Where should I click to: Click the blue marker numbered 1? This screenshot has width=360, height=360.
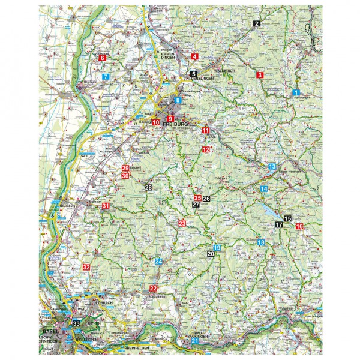[x=296, y=92]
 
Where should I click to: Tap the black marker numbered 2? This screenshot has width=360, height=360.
[x=256, y=23]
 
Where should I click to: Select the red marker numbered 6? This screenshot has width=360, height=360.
[x=102, y=58]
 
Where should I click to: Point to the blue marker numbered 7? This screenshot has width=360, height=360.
[x=106, y=77]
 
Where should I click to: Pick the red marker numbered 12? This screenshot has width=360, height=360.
[x=206, y=149]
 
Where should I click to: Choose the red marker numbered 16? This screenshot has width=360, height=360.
[x=299, y=226]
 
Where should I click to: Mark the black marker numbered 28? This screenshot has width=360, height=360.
[x=148, y=188]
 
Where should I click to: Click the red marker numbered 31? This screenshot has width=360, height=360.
[x=106, y=206]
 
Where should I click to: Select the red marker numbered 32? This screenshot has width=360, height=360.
[x=86, y=267]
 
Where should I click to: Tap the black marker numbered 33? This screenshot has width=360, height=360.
[x=76, y=323]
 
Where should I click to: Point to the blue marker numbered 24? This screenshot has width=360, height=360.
[x=158, y=262]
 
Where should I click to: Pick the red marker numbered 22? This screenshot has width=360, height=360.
[x=153, y=289]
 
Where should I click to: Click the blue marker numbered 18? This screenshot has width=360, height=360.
[x=260, y=242]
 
